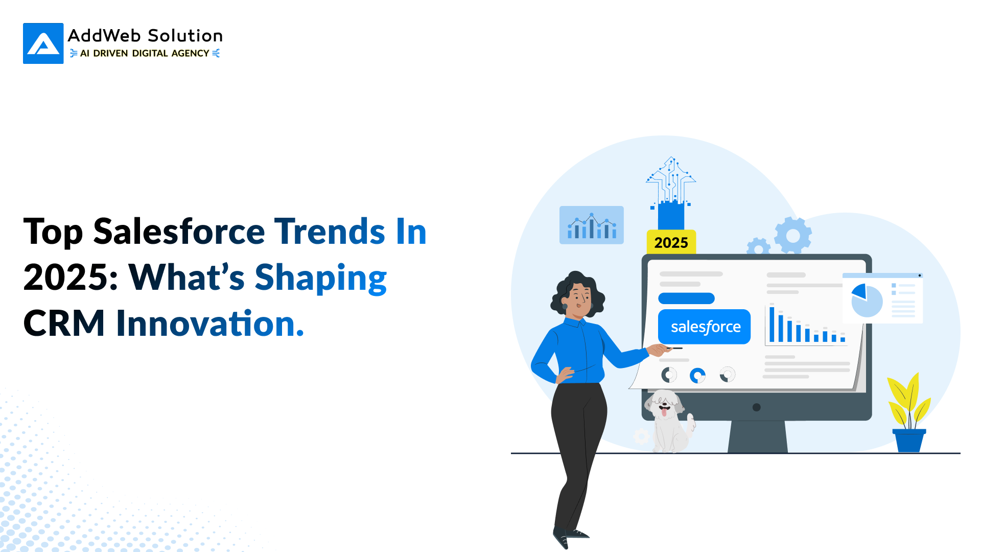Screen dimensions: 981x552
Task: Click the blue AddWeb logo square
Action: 43,43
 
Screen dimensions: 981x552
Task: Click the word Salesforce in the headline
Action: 179,232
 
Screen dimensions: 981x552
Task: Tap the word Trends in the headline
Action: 330,232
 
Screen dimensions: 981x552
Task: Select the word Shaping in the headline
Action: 321,279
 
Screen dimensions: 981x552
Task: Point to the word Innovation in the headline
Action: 210,324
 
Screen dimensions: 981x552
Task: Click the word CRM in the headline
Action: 64,324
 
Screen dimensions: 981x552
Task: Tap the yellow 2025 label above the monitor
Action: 671,242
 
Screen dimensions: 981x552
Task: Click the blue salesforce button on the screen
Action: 704,327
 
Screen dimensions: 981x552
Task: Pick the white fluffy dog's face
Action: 664,404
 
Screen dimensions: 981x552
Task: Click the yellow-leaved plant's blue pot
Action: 909,441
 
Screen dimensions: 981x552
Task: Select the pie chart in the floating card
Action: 867,301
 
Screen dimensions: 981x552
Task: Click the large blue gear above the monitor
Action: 793,236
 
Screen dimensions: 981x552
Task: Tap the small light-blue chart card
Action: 592,225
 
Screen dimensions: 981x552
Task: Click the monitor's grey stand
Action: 757,436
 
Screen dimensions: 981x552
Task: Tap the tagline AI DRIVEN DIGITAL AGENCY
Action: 145,53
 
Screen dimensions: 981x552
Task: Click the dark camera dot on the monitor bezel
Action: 757,407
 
